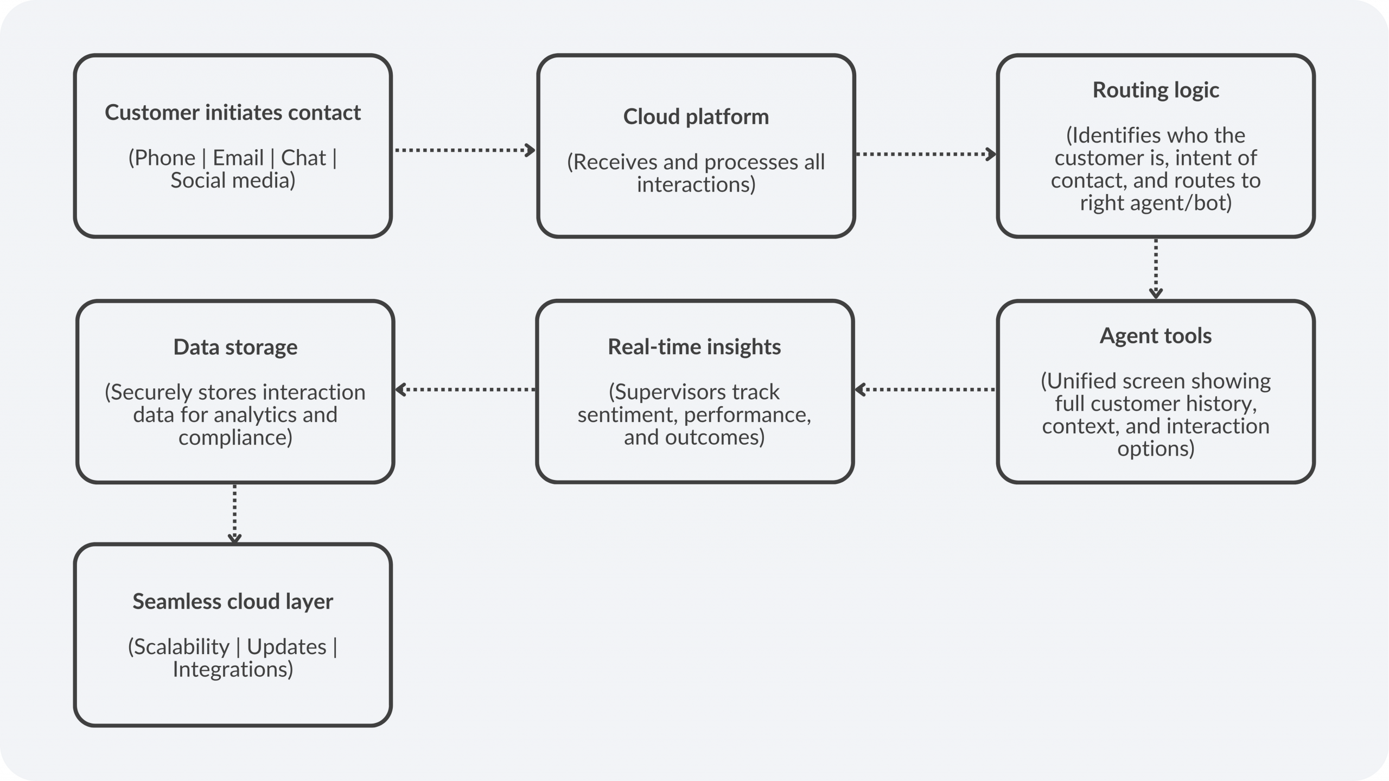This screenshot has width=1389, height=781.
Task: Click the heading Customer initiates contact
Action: [232, 113]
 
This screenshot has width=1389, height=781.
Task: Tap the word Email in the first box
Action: [238, 158]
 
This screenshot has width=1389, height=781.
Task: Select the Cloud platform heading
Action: [696, 117]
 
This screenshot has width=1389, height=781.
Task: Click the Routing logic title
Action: [1155, 90]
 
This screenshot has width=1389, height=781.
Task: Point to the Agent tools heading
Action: [1155, 336]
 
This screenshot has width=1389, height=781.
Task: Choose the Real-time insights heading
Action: [694, 347]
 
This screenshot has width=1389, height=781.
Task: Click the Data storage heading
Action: [235, 347]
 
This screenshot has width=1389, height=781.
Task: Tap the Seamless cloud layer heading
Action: [232, 601]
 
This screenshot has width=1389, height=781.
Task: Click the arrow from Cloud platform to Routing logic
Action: [925, 154]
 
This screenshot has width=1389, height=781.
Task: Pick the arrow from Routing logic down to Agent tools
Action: [1156, 268]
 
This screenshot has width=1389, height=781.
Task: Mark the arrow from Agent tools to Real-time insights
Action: [925, 389]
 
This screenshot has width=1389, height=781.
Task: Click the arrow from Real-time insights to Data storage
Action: [465, 389]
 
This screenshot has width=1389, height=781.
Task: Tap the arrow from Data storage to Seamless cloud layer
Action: [234, 513]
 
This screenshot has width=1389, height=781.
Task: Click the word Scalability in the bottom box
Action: [179, 647]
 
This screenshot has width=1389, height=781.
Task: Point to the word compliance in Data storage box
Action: [235, 437]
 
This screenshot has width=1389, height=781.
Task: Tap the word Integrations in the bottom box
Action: [232, 669]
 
